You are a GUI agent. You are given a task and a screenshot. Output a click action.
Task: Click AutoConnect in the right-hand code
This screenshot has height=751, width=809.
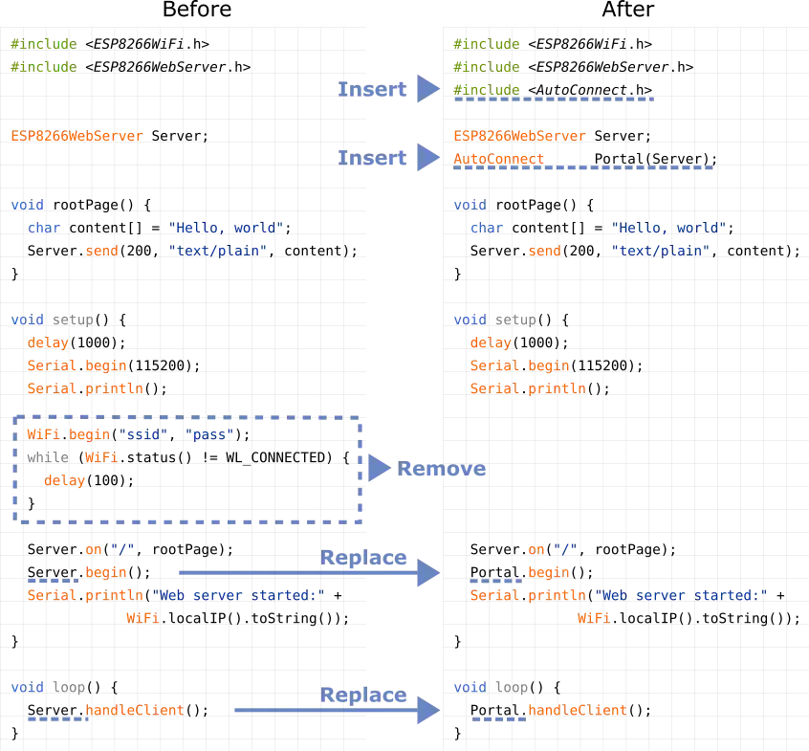(498, 159)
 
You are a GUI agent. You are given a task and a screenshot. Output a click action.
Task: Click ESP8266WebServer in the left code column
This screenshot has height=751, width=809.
(76, 136)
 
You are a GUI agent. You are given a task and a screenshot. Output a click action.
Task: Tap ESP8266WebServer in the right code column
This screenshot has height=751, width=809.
(519, 136)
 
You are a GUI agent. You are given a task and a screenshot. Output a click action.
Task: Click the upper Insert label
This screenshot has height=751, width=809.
(373, 89)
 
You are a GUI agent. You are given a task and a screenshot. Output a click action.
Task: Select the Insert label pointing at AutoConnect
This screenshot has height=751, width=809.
(373, 158)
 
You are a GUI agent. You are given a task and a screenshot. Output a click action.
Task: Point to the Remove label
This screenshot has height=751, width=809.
(442, 469)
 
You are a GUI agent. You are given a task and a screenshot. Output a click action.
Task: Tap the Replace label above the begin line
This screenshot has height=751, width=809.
(364, 557)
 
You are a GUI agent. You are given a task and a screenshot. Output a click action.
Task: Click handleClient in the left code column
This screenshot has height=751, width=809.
(133, 711)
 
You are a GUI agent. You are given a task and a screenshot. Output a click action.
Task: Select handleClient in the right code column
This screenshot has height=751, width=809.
(577, 711)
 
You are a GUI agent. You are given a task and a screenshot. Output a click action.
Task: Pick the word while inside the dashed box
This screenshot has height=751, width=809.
(47, 458)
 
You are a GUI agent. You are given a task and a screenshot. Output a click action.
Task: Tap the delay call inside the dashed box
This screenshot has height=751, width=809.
(63, 481)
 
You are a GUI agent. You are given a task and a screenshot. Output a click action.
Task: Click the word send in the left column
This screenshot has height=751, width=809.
(101, 252)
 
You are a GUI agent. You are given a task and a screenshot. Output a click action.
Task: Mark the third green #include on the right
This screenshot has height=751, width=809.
(486, 89)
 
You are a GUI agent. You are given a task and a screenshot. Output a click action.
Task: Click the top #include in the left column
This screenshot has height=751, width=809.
(42, 44)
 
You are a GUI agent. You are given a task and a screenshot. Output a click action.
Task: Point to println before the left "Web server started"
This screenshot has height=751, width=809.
(114, 595)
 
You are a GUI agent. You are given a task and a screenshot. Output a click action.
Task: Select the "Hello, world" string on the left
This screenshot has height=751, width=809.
(226, 228)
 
